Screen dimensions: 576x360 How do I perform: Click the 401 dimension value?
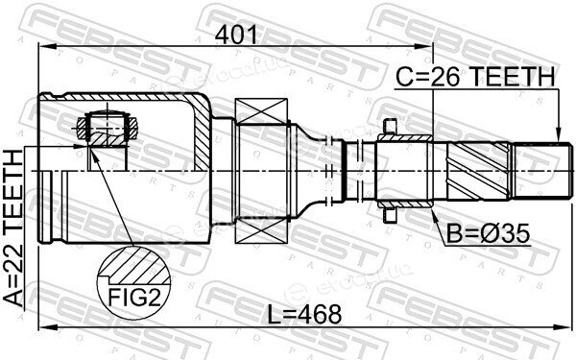[236, 36]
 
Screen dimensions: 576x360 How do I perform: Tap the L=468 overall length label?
[304, 315]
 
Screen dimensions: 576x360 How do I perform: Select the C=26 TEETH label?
[475, 77]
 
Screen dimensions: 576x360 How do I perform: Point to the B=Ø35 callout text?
[488, 233]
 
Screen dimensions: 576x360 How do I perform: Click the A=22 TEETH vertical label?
[13, 228]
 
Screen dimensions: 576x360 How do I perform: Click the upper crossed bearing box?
[261, 111]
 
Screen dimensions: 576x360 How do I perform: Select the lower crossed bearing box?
[261, 230]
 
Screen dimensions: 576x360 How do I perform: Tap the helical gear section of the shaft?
[478, 171]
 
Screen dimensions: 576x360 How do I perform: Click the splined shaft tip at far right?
[542, 171]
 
